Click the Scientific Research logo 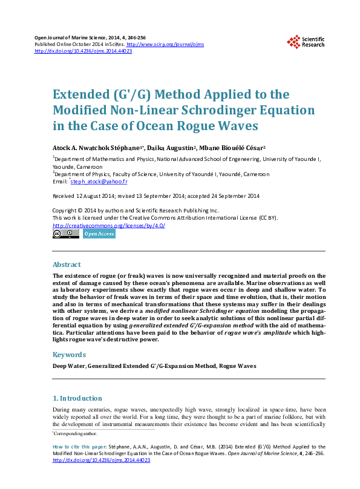306,41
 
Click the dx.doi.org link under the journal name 83,51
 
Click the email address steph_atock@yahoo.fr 99,182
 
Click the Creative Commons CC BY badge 66,234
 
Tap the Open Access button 99,234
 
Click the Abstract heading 67,264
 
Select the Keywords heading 68,355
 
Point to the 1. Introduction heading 77,398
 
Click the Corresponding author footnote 75,433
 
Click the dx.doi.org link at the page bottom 102,460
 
